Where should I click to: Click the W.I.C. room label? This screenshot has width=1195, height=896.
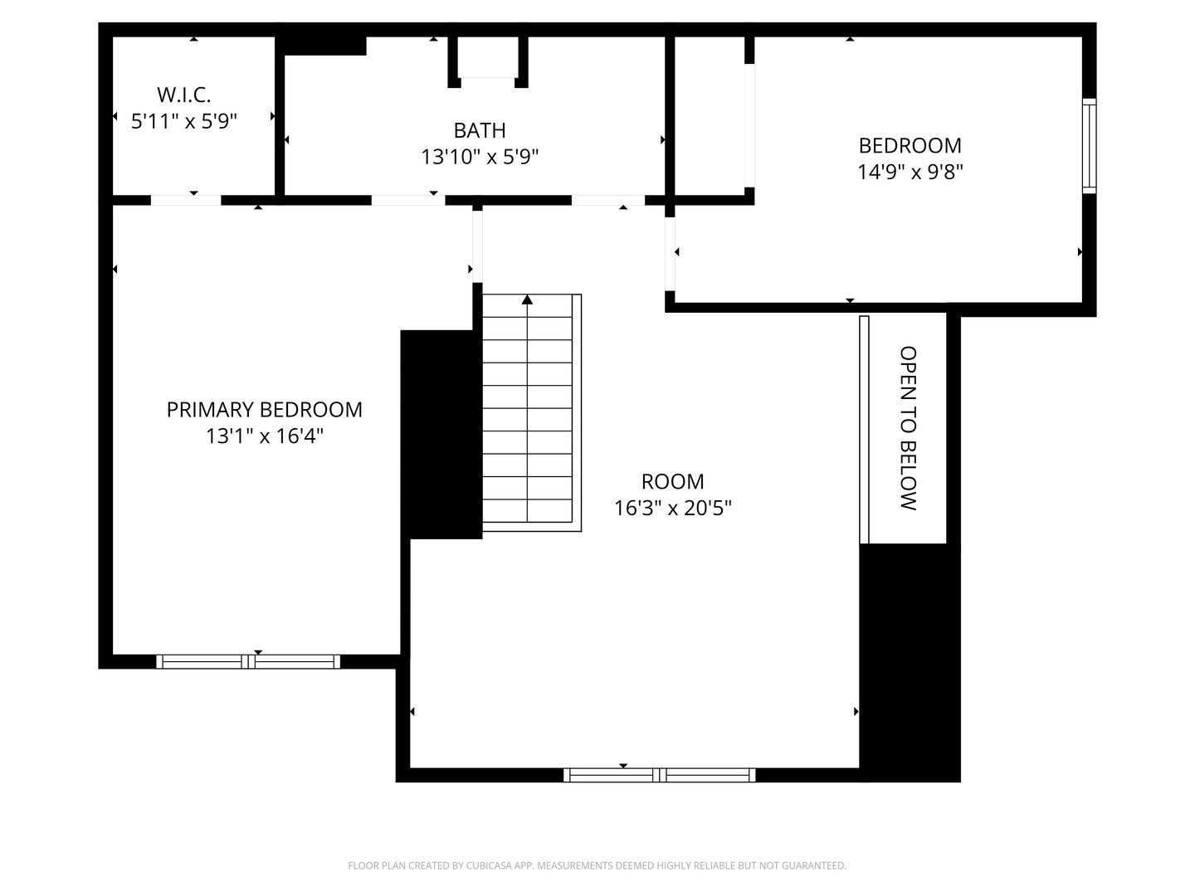183,95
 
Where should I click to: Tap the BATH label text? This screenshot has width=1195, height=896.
480,130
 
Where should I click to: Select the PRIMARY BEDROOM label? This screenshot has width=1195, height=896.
264,410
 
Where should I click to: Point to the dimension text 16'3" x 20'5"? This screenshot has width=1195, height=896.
672,508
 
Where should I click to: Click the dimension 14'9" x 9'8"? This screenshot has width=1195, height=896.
910,172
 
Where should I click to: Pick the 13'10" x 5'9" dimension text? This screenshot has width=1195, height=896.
480,158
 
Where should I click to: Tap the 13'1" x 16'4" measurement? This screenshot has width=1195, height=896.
264,436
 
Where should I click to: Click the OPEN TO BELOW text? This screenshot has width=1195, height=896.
908,428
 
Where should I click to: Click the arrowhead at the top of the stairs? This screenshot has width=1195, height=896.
527,299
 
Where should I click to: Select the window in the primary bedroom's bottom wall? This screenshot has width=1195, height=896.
248,661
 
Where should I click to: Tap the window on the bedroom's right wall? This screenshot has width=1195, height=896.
1089,146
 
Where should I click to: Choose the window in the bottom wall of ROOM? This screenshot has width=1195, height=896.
659,775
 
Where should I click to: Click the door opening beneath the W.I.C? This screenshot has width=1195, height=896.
186,200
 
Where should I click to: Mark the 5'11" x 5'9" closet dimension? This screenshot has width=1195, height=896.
183,121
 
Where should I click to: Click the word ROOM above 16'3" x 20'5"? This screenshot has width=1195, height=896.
672,481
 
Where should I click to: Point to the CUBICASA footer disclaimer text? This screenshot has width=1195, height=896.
597,865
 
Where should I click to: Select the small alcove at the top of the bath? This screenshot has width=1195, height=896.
488,57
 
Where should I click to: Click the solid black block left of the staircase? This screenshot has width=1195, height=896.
441,434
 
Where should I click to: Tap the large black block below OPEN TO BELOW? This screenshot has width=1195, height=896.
910,663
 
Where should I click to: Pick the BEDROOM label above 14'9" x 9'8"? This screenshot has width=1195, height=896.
910,146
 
